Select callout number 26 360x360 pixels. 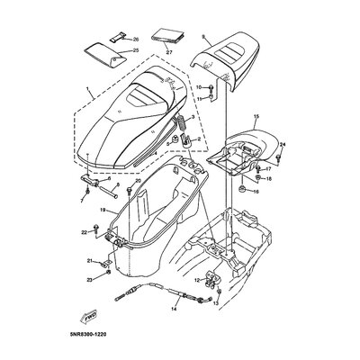(x=136, y=40)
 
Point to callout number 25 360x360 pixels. (x=136, y=51)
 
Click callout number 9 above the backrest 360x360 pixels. (x=204, y=37)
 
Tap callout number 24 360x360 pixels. (x=282, y=144)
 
